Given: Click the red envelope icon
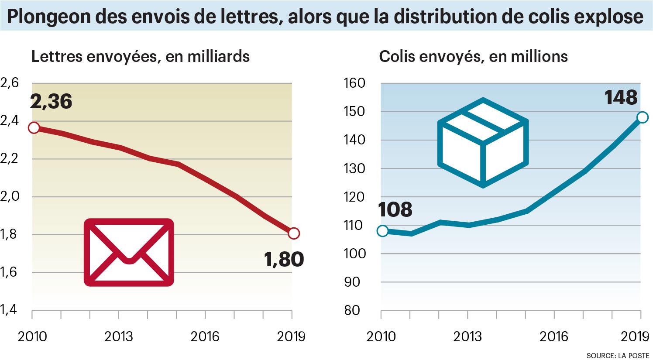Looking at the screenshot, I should click(x=129, y=252).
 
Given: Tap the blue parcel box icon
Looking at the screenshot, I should click(x=483, y=142).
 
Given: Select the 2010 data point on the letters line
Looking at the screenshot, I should click(x=34, y=128).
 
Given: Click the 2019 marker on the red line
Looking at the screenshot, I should click(x=294, y=233).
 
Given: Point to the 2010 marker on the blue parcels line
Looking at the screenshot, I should click(x=382, y=231).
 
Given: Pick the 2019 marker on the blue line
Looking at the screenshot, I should click(x=642, y=117).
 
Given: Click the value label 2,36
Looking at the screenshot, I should click(x=51, y=102).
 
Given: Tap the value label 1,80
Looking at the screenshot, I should click(x=284, y=260).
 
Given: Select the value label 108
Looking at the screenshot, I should click(x=395, y=210).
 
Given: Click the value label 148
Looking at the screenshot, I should click(x=621, y=98).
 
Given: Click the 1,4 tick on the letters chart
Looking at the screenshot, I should click(x=10, y=310).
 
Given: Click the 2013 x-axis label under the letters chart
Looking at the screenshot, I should click(x=119, y=337).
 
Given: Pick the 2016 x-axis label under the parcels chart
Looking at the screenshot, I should click(x=554, y=337).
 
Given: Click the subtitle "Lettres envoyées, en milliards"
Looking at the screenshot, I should click(x=140, y=57).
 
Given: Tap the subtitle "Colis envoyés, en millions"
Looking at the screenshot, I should click(x=473, y=57).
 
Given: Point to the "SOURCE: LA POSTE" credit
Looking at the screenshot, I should click(x=618, y=355).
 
